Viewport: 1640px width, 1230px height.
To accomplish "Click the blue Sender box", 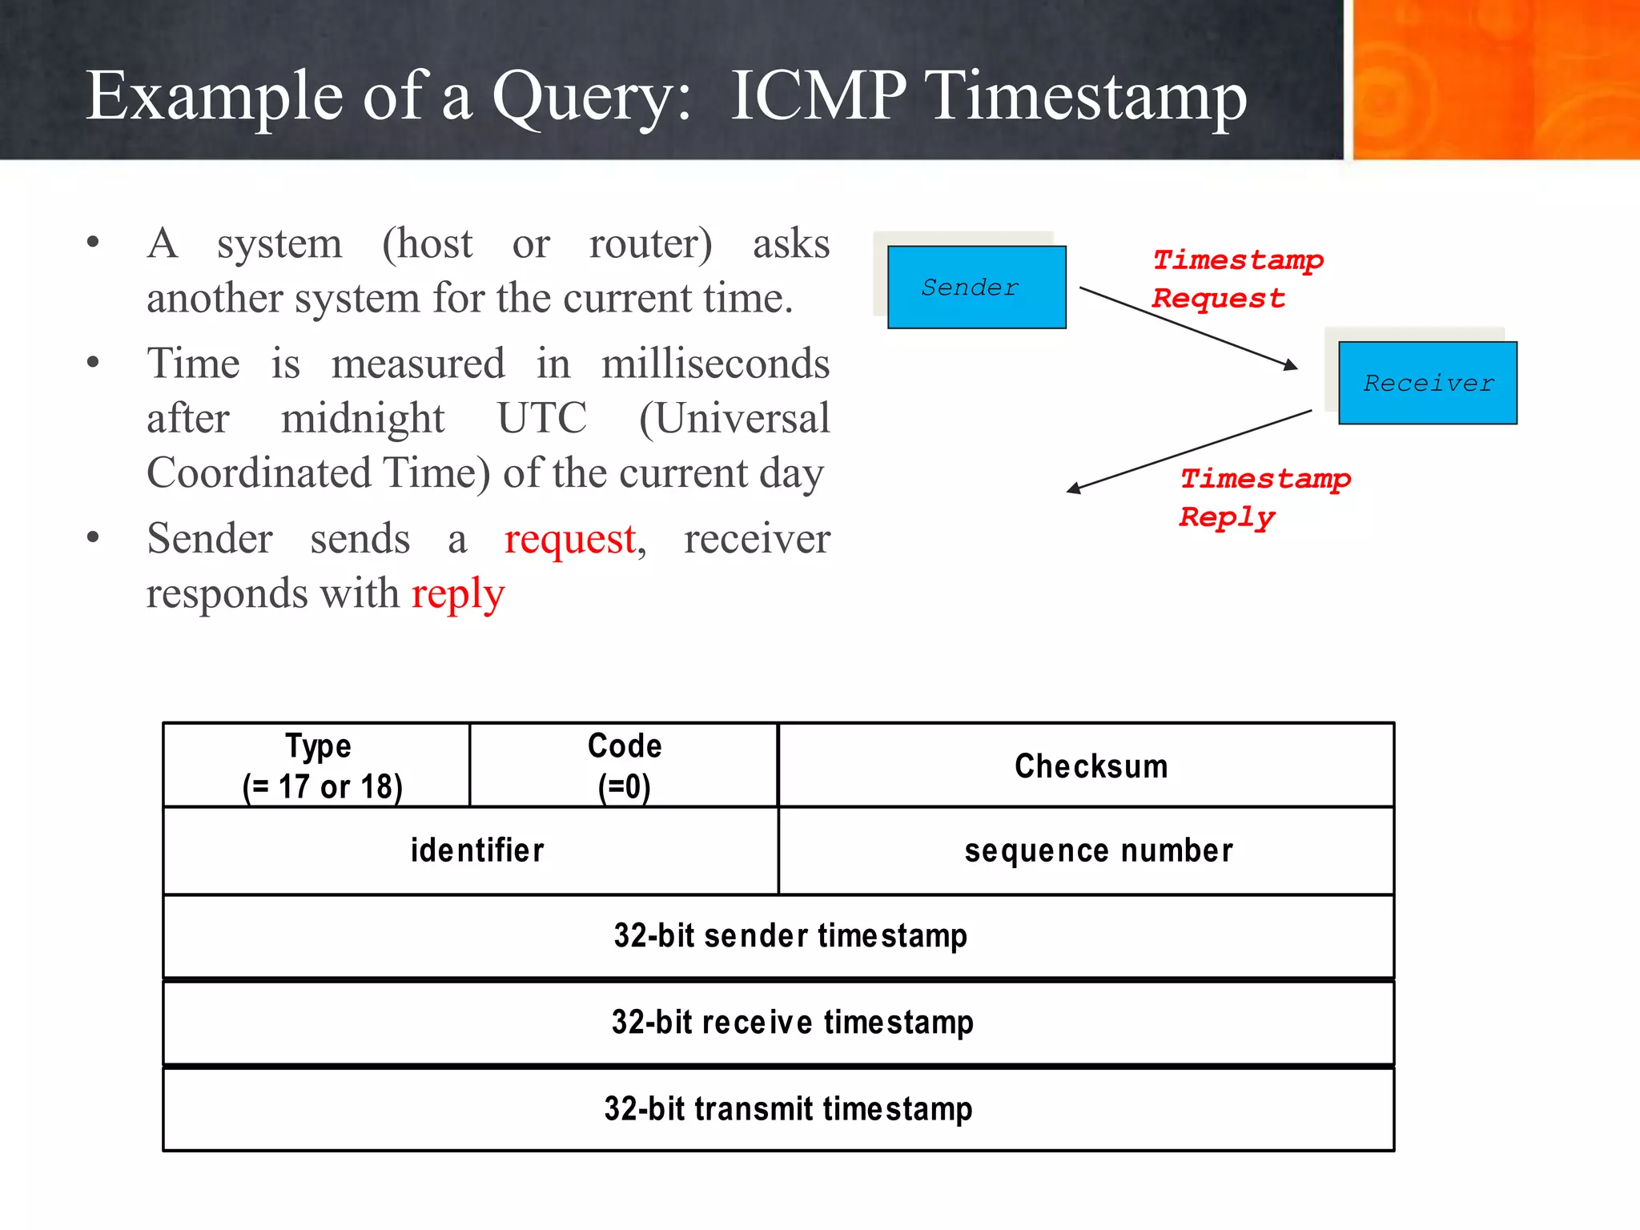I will (x=976, y=287).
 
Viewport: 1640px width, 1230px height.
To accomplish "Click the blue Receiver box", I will (x=1427, y=383).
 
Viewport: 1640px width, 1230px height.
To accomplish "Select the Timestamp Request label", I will (x=1236, y=279).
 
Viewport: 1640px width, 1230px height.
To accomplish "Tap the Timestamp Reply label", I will (x=1264, y=497).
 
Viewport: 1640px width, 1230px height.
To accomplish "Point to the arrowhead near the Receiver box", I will (x=1290, y=365).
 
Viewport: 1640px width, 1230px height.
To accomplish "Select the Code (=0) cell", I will (x=624, y=766).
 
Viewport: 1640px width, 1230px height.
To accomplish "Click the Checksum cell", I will (x=1090, y=766).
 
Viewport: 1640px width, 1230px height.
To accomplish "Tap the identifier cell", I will (x=476, y=850).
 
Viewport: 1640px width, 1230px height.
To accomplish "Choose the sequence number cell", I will (x=1098, y=850).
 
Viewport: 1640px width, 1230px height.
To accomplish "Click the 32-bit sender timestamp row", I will (x=790, y=935).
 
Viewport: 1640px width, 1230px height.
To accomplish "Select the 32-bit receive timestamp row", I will (x=791, y=1023).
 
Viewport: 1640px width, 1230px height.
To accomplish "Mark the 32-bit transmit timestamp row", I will (x=788, y=1109).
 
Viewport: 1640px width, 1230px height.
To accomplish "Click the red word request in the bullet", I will (x=571, y=540).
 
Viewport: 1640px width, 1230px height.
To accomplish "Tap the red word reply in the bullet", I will (x=457, y=594).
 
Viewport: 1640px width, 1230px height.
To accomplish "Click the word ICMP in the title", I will (x=818, y=96).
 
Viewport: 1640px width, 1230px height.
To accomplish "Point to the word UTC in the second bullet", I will (x=542, y=418).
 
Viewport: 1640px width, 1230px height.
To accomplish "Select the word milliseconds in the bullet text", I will (x=715, y=364).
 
